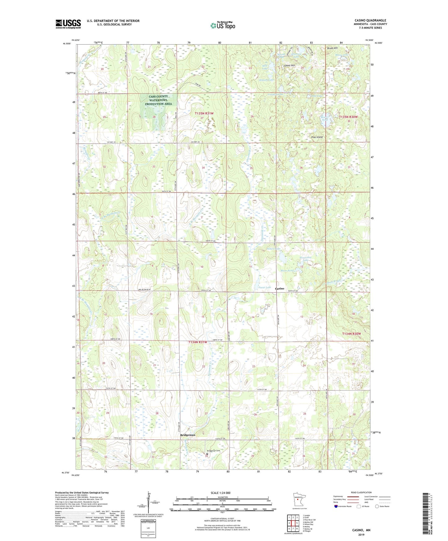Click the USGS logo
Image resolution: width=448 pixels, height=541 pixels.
68,24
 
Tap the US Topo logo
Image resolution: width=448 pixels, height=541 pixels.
223,25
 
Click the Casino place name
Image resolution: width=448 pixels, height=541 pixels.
280,288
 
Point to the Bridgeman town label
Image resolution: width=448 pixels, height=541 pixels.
188,435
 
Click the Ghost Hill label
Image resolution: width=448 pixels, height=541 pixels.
290,66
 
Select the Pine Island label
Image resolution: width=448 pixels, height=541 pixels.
317,137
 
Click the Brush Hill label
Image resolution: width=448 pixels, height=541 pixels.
332,48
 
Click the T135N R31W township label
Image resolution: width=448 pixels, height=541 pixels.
204,114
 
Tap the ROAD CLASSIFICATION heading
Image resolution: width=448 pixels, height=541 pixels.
361,492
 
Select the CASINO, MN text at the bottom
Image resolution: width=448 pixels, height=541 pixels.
361,530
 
